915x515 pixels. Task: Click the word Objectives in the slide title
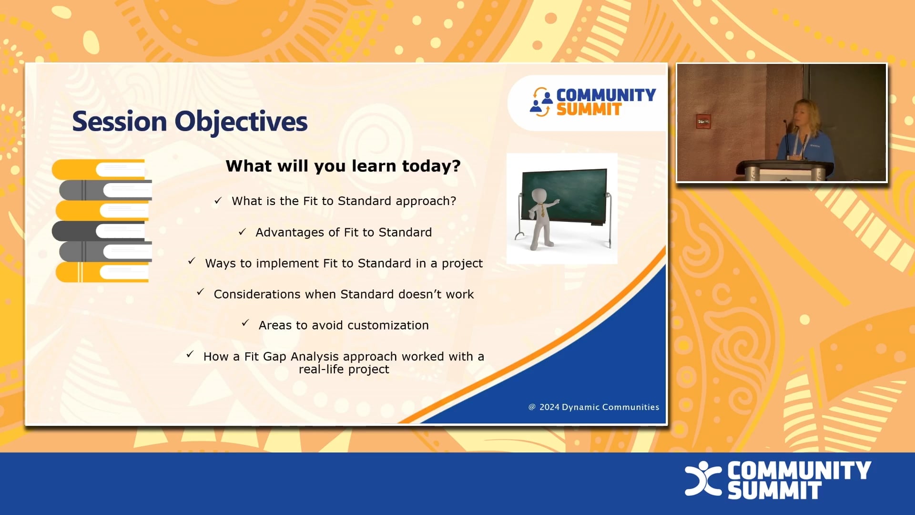pos(241,122)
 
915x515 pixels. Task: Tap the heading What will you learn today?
pos(343,166)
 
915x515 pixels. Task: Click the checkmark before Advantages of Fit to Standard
pos(242,232)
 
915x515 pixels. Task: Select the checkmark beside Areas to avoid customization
pos(245,323)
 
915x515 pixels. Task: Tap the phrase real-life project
pos(344,370)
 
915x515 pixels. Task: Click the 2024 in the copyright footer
pos(549,407)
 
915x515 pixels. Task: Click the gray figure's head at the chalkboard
pos(539,196)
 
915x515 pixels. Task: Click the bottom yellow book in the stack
pos(102,272)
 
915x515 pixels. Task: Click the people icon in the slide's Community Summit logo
pos(541,102)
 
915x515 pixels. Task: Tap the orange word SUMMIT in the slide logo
pos(589,110)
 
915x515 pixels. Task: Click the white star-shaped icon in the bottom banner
pos(702,478)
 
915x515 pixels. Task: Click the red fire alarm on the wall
pos(703,121)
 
